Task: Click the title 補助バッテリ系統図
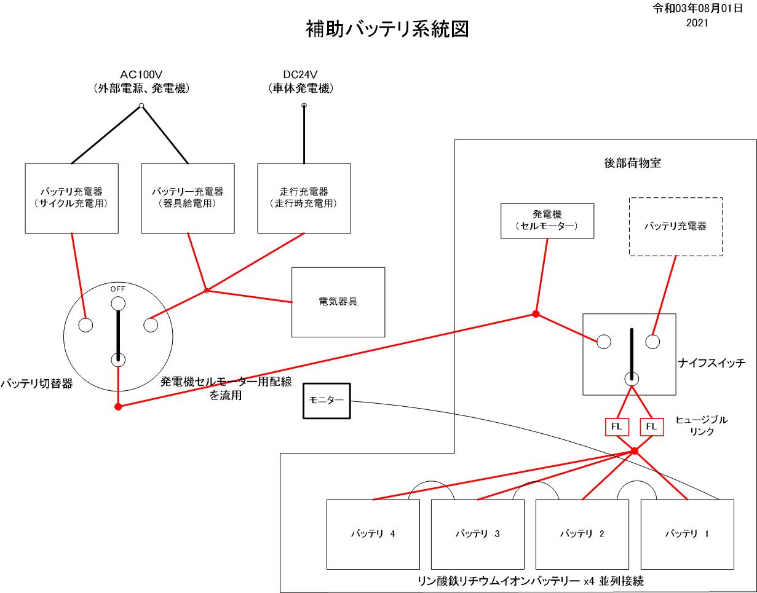[x=387, y=29]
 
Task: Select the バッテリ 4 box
[x=373, y=533]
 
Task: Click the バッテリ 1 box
[x=688, y=533]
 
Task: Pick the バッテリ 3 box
[x=477, y=533]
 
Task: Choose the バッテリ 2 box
[x=582, y=533]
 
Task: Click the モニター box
[x=326, y=401]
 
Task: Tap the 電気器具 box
[x=338, y=302]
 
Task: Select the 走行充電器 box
[x=304, y=198]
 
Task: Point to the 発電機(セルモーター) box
[x=547, y=220]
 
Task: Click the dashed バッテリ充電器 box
[x=675, y=226]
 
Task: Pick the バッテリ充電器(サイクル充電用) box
[x=72, y=198]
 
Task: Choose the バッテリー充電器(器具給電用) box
[x=188, y=198]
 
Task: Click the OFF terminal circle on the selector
[x=117, y=303]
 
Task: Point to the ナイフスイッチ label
[x=712, y=363]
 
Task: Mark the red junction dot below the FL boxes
[x=635, y=451]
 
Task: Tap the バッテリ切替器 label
[x=37, y=383]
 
